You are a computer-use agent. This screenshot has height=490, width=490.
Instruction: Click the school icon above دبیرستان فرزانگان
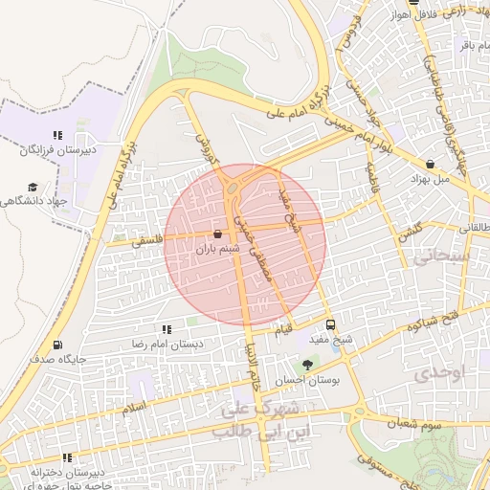pyautogui.click(x=56, y=136)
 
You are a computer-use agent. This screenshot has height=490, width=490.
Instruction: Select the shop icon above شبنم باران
pyautogui.click(x=217, y=234)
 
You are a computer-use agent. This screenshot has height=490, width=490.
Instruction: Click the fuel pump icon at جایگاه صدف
pyautogui.click(x=59, y=345)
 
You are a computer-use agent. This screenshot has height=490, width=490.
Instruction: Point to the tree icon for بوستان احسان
pyautogui.click(x=307, y=365)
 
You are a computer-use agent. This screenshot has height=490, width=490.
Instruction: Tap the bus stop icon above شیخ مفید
pyautogui.click(x=331, y=324)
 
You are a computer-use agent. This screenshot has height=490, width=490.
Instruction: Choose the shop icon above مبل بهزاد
pyautogui.click(x=430, y=164)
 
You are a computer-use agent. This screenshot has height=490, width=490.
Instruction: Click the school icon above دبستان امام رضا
pyautogui.click(x=167, y=328)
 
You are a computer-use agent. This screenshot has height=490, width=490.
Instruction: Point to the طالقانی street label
pyautogui.click(x=472, y=227)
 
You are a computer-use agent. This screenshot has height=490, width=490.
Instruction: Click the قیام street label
pyautogui.click(x=284, y=331)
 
